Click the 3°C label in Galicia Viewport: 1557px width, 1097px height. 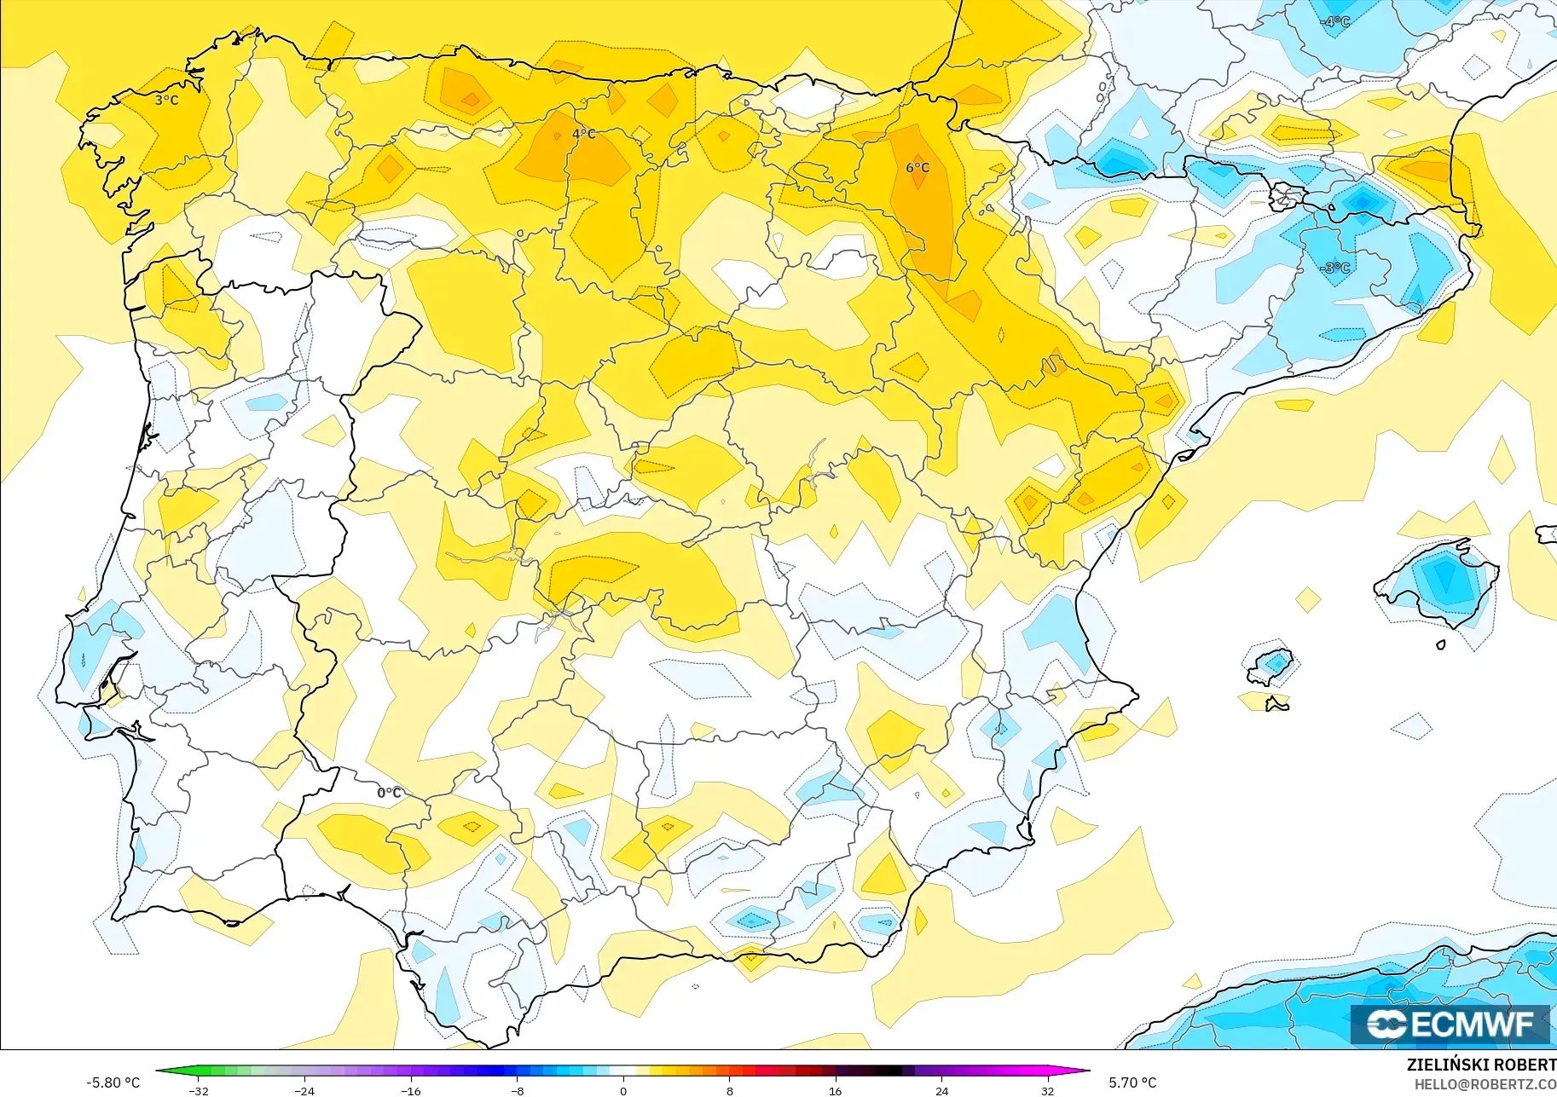coord(167,101)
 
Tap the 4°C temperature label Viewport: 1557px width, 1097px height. coord(584,134)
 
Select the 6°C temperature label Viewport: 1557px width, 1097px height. coord(917,167)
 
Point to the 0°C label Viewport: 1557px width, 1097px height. coord(389,793)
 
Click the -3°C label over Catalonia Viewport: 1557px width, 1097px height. coord(1335,268)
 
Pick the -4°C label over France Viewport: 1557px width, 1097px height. coord(1335,21)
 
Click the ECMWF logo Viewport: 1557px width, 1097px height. coord(1450,1024)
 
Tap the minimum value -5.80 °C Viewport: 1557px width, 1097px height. coord(113,1083)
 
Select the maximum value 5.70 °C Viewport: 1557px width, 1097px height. coord(1132,1083)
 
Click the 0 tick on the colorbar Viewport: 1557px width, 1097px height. coord(623,1091)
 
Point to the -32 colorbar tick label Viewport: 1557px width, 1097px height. coord(199,1091)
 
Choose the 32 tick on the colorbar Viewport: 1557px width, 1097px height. coord(1047,1091)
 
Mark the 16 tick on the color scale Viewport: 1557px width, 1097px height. coord(835,1091)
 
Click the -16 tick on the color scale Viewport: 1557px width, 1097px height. coord(411,1091)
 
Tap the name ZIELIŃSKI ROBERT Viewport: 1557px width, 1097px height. coord(1481,1065)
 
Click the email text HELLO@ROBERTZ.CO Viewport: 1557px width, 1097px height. coord(1485,1084)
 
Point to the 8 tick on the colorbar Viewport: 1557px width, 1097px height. coord(729,1091)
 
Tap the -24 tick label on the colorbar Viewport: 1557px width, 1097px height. coord(304,1091)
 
